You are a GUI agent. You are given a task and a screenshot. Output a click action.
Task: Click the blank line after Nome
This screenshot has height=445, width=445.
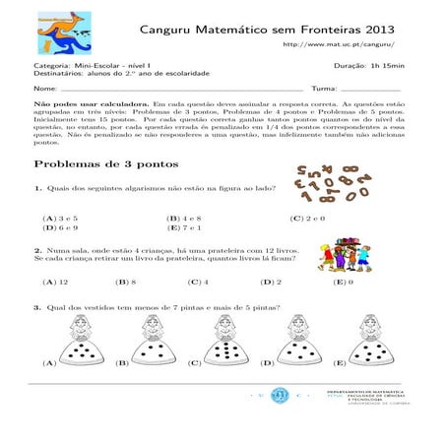tap(177, 89)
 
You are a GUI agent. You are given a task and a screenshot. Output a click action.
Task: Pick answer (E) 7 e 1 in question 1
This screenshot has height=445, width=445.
tap(184, 227)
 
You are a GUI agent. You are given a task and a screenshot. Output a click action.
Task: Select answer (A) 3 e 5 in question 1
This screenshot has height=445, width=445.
tap(59, 217)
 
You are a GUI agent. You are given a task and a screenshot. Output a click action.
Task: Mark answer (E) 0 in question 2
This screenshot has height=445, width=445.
tap(344, 283)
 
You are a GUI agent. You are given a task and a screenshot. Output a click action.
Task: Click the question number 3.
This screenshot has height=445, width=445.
tap(36, 307)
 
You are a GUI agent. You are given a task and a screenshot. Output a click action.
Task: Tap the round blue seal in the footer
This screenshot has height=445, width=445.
tap(279, 397)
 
